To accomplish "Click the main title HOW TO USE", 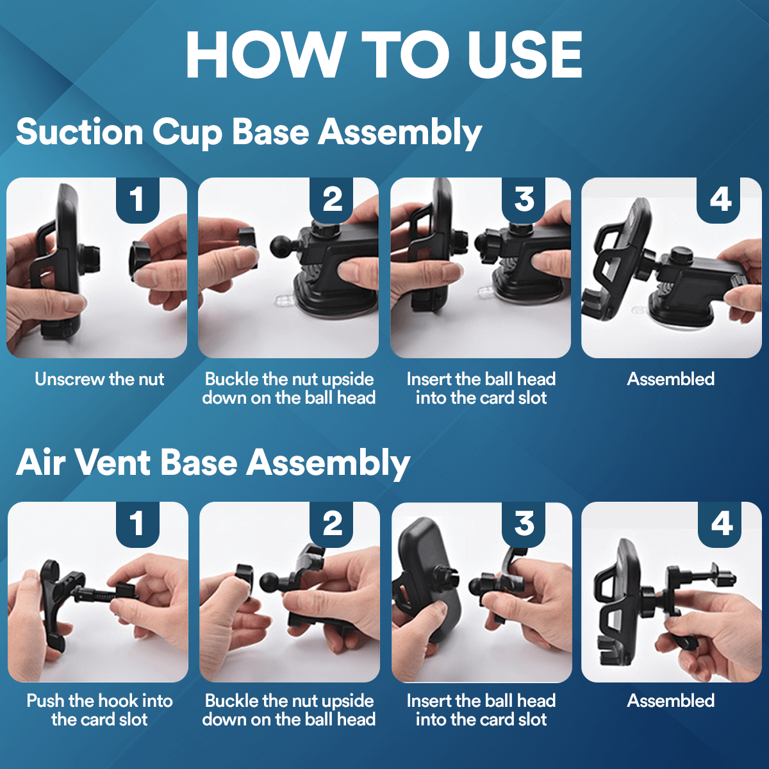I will (x=384, y=55).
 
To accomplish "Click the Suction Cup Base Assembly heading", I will (x=249, y=132).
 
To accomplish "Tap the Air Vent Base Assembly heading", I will (x=213, y=462).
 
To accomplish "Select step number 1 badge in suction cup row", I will (x=137, y=199).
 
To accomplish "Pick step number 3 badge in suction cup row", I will (x=524, y=199).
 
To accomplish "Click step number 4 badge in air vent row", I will (x=722, y=524).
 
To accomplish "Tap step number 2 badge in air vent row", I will (x=332, y=524).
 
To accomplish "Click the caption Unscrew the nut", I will (x=99, y=379).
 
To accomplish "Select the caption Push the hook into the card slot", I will (x=99, y=710).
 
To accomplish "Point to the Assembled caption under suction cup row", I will (x=670, y=379).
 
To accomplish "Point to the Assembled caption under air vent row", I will (x=670, y=701).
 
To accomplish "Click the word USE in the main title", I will (x=524, y=55).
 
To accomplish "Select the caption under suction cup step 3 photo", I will (x=481, y=388).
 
